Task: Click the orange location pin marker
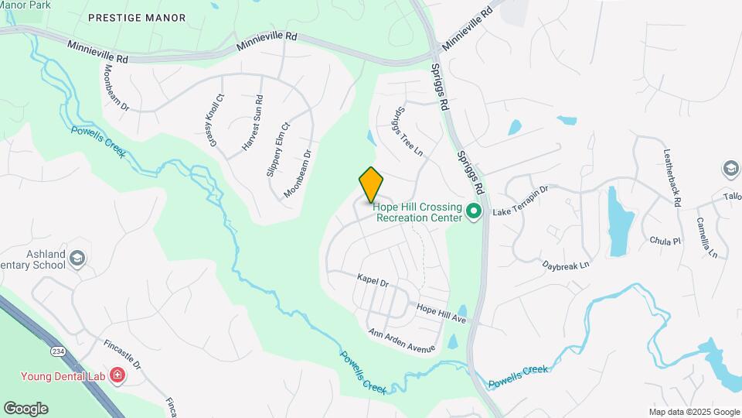pyautogui.click(x=371, y=184)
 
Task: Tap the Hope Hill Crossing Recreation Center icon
pyautogui.click(x=475, y=211)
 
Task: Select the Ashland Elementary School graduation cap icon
pyautogui.click(x=77, y=259)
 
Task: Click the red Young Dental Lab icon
pyautogui.click(x=117, y=376)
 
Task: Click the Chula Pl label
pyautogui.click(x=665, y=241)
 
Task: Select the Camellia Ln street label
pyautogui.click(x=706, y=235)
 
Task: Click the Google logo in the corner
pyautogui.click(x=26, y=408)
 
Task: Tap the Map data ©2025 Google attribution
pyautogui.click(x=693, y=412)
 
